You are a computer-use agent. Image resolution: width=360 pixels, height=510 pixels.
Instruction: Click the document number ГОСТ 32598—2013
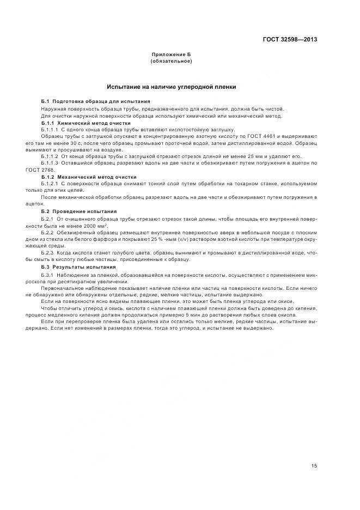tap(291, 38)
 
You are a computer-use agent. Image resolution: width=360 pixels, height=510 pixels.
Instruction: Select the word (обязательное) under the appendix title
tap(171, 62)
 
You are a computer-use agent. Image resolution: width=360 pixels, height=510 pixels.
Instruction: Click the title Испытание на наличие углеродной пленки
tap(171, 87)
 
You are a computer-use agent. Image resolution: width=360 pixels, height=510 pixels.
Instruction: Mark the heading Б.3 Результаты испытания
tap(78, 267)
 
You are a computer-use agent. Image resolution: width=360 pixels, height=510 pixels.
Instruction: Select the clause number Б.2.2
tap(47, 232)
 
